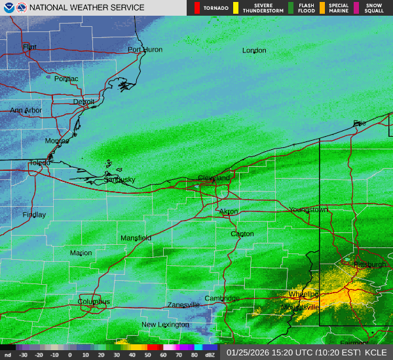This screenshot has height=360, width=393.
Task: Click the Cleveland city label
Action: coord(214,178)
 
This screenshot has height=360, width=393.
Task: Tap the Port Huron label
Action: coord(145,50)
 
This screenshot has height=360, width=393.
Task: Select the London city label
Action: coord(254,50)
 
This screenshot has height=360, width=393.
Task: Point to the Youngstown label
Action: coord(309,210)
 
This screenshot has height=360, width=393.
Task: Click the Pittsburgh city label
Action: coord(369,264)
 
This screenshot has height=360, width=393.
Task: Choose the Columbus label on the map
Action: coord(94,302)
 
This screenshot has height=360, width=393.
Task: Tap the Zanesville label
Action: coord(183,305)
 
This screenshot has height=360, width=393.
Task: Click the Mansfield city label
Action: coord(136,238)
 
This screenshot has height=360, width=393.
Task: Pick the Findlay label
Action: coord(34,215)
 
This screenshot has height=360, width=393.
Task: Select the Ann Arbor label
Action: coord(26,111)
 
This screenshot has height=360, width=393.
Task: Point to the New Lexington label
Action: coord(166,325)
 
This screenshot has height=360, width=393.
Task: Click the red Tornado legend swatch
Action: coord(196,8)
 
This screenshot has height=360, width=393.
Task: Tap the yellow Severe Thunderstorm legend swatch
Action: coord(234,8)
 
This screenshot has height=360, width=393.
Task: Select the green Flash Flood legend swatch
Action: coord(291,8)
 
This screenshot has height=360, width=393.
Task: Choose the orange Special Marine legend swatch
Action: coord(322,8)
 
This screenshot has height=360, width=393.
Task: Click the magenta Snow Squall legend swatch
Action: coord(357,8)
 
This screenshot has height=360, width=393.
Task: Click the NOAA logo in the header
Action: coord(7,8)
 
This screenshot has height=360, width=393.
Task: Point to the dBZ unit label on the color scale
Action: coord(210,355)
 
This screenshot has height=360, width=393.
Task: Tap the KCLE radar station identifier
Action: coord(376,352)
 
